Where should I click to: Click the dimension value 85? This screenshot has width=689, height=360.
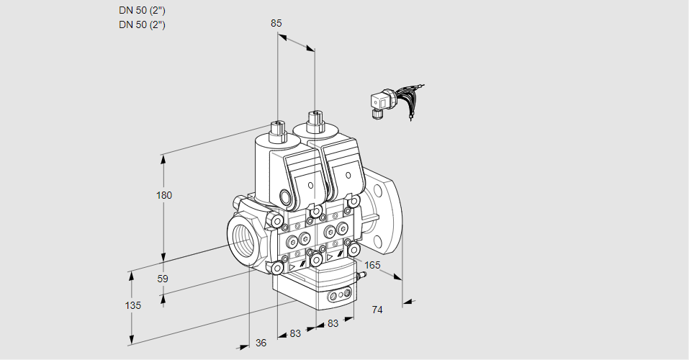click(x=276, y=23)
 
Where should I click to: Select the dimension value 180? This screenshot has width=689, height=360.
click(x=165, y=195)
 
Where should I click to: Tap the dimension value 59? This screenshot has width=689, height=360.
click(x=163, y=279)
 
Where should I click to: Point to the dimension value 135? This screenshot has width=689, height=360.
click(x=132, y=305)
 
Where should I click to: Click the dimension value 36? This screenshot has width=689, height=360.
click(x=261, y=343)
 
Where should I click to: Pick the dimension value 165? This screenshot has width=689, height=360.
click(x=372, y=265)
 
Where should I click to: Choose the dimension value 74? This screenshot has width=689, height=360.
click(x=377, y=310)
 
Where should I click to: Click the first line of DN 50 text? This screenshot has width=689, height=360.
click(x=142, y=11)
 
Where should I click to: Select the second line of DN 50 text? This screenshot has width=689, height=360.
click(x=142, y=24)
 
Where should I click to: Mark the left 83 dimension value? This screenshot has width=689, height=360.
click(x=295, y=333)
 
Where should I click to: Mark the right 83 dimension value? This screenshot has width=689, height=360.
click(x=333, y=324)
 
